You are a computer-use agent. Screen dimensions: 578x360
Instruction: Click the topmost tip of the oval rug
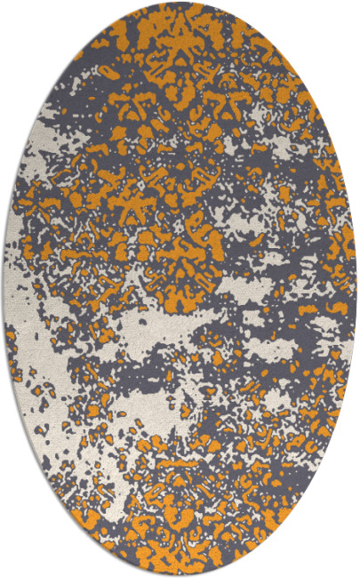[180, 3]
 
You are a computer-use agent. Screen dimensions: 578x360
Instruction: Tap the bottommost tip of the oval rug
[180, 574]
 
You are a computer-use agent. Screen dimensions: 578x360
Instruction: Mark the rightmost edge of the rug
[356, 289]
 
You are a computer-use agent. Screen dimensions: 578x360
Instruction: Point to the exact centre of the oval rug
[180, 289]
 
